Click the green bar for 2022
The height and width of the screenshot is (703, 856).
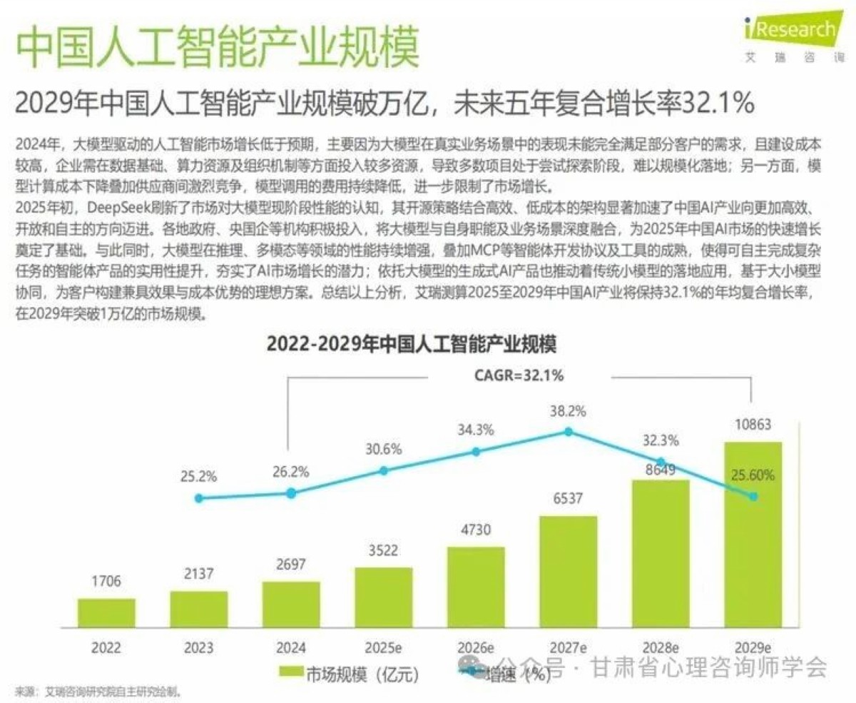click(106, 612)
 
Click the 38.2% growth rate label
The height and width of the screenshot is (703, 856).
click(569, 411)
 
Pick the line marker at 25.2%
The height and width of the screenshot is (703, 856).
click(199, 498)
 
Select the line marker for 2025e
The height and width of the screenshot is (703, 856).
click(384, 471)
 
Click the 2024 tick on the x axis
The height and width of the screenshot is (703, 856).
click(290, 648)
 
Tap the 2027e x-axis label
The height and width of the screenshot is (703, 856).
click(569, 648)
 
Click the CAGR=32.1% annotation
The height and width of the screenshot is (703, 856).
click(519, 376)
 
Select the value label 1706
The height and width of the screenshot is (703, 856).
click(106, 582)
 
